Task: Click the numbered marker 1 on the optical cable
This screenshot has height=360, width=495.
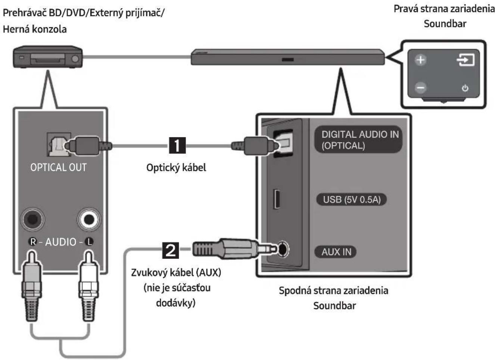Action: (177, 145)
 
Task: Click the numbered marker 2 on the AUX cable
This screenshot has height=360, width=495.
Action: (170, 250)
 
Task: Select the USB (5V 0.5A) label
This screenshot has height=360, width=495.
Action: (352, 200)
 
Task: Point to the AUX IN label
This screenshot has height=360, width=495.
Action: (336, 252)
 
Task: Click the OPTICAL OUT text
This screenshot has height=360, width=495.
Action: (58, 167)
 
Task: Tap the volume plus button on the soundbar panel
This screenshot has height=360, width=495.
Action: (420, 60)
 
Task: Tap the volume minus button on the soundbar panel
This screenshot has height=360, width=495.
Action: (420, 88)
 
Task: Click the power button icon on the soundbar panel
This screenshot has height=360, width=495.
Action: (465, 88)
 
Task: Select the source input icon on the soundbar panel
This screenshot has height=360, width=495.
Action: (466, 60)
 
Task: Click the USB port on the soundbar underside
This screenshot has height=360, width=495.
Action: (277, 199)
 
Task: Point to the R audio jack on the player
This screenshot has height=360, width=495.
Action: (32, 219)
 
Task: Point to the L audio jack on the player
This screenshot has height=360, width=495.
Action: (89, 219)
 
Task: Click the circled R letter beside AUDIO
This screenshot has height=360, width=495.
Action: (33, 242)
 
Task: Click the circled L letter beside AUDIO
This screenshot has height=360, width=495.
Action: (89, 242)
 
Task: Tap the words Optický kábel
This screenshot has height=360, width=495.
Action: (176, 168)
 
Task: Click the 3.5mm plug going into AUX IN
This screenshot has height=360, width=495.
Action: (234, 249)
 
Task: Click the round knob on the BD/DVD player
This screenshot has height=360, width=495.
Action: (75, 59)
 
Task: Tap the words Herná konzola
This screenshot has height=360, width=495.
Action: (35, 29)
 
